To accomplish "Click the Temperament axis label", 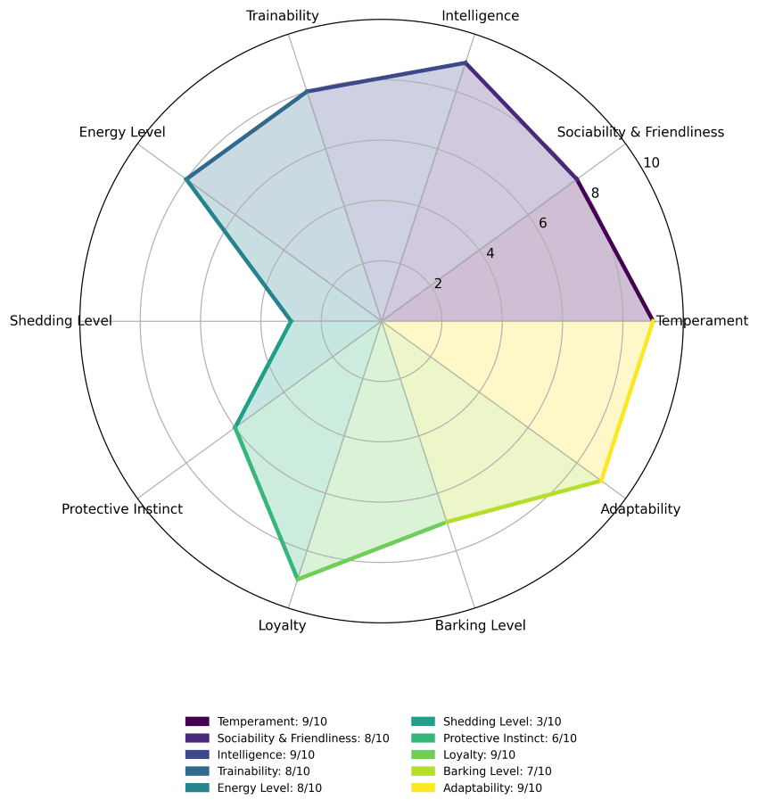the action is click(703, 321).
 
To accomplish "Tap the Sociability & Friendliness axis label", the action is click(640, 132).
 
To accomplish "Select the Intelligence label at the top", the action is click(481, 16).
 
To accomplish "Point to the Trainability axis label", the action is click(283, 16).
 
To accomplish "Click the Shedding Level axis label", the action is click(61, 321).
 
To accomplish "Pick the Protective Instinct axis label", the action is click(122, 509).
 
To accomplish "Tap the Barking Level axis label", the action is click(481, 625).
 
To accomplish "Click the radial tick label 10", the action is click(651, 163).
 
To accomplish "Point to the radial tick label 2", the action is click(438, 284).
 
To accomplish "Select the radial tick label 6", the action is click(542, 223).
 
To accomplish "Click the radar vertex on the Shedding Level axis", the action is click(291, 322).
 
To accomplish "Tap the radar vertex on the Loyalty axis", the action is click(297, 579).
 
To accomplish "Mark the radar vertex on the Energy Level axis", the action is click(186, 178).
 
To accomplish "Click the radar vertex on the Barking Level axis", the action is click(446, 522).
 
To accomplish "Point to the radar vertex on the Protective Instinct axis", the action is click(235, 427).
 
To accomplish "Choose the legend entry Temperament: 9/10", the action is click(257, 721).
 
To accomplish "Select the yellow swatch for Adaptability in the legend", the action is click(423, 787).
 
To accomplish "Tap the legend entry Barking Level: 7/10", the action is click(482, 771).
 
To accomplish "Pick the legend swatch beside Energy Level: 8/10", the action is click(197, 787).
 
